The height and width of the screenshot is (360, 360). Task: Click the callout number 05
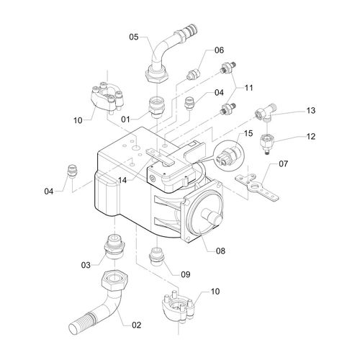pyautogui.click(x=134, y=37)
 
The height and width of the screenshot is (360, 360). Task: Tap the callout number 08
pyautogui.click(x=220, y=251)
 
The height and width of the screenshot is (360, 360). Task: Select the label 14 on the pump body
pyautogui.click(x=122, y=180)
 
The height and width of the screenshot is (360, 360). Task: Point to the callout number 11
pyautogui.click(x=248, y=88)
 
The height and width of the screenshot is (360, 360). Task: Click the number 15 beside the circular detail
pyautogui.click(x=248, y=133)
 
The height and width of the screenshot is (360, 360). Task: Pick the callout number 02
pyautogui.click(x=136, y=325)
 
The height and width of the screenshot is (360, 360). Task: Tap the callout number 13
pyautogui.click(x=310, y=111)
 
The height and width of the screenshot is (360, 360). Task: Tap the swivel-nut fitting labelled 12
pyautogui.click(x=267, y=143)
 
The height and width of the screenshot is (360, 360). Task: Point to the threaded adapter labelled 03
pyautogui.click(x=114, y=246)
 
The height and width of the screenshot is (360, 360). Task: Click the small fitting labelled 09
pyautogui.click(x=156, y=256)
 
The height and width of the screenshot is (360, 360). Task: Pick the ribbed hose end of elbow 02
pyautogui.click(x=81, y=323)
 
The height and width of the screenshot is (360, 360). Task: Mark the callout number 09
pyautogui.click(x=185, y=274)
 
